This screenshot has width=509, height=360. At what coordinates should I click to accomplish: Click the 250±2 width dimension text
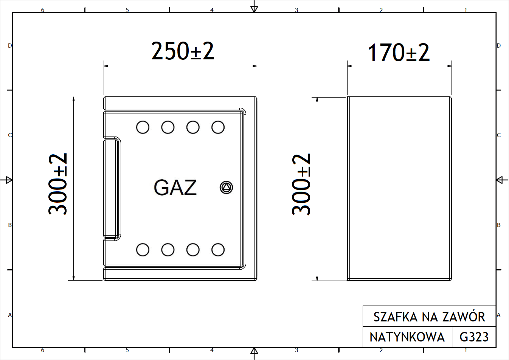coord(183,51)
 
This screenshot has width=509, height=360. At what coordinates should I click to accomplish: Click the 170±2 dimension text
coord(399,53)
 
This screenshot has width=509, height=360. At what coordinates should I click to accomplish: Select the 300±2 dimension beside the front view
coord(58,184)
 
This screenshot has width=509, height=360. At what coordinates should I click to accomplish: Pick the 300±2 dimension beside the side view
coord(301,184)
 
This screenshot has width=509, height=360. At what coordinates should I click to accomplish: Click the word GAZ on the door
coord(175,188)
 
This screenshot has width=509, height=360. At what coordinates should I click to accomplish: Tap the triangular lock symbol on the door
coord(226,188)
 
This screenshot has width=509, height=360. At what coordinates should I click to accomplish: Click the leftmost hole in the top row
coord(143,127)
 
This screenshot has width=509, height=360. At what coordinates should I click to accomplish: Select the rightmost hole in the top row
coord(218,127)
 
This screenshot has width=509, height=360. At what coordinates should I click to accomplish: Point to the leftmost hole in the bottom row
coord(143,250)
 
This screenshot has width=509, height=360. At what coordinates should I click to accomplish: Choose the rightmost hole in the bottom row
coord(218,250)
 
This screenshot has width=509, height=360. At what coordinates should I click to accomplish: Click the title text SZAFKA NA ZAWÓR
coord(429,317)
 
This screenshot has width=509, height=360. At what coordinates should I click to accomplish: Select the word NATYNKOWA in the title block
coord(407,337)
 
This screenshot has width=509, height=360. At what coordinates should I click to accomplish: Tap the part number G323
coord(474,337)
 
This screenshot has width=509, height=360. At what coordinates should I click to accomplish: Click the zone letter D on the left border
coord(10,46)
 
